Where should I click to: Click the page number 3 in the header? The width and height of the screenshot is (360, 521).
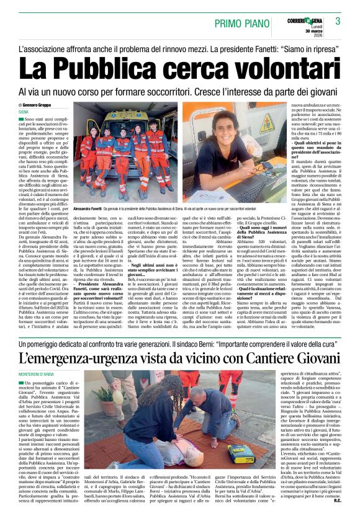338,22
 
